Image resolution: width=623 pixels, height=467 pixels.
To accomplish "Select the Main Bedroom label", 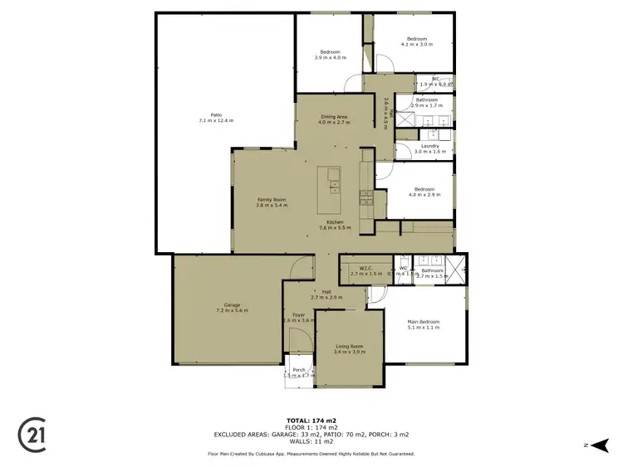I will pyautogui.click(x=423, y=322).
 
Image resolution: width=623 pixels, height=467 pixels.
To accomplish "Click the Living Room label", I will pyautogui.click(x=349, y=347).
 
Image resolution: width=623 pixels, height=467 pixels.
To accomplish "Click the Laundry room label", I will pyautogui.click(x=429, y=146).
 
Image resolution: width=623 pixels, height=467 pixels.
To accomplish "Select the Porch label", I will pyautogui.click(x=298, y=371).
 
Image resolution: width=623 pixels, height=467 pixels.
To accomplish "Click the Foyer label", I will pyautogui.click(x=297, y=314).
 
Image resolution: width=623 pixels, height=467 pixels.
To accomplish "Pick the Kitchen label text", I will pyautogui.click(x=335, y=222).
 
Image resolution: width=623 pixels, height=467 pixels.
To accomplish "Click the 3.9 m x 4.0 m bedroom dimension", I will pyautogui.click(x=331, y=57).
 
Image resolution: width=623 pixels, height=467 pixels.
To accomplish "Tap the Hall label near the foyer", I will pyautogui.click(x=326, y=291).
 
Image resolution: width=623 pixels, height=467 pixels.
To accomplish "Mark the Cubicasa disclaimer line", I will pyautogui.click(x=311, y=454).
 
